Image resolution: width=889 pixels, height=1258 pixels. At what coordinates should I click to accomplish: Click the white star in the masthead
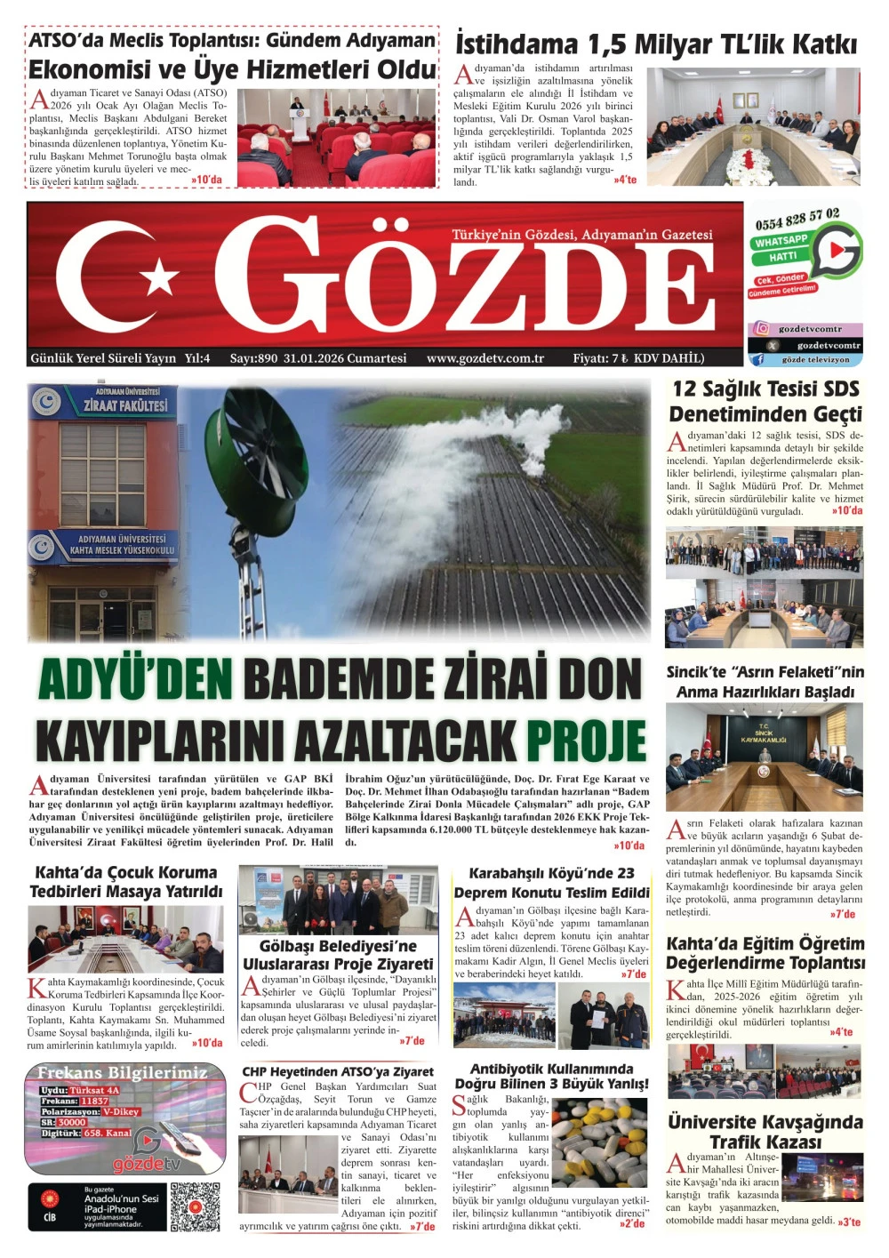161,276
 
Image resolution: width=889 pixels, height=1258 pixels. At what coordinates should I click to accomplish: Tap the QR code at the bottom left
195,1206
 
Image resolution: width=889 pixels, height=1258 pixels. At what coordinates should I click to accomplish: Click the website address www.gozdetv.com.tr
485,358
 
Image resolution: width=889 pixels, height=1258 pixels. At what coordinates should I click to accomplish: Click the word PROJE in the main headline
586,740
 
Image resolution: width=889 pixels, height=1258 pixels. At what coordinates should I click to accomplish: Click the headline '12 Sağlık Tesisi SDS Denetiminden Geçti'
765,401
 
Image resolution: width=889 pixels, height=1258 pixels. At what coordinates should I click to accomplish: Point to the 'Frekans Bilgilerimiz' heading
122,1072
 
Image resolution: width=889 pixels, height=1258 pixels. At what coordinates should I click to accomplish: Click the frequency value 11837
94,1101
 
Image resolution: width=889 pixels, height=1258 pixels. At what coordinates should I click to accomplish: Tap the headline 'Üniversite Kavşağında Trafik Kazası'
765,1131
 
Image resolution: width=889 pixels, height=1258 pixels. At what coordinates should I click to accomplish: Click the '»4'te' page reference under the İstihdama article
625,180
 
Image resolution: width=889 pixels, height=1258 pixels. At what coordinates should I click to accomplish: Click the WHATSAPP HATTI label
782,248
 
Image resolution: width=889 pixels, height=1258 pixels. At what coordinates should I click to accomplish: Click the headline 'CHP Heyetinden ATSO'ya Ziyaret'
338,1071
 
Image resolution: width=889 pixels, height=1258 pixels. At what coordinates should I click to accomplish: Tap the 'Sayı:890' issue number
254,358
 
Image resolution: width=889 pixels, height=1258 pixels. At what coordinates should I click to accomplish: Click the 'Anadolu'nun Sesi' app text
122,1198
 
